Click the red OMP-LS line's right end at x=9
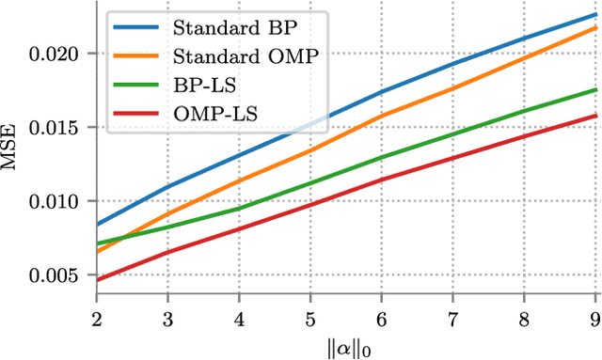(x=595, y=116)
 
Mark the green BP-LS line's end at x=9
(x=595, y=89)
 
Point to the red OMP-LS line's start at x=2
(x=97, y=280)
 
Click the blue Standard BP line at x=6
(x=381, y=92)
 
